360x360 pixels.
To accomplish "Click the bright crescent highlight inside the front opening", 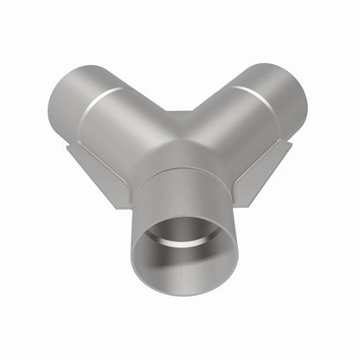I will click(182, 228).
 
